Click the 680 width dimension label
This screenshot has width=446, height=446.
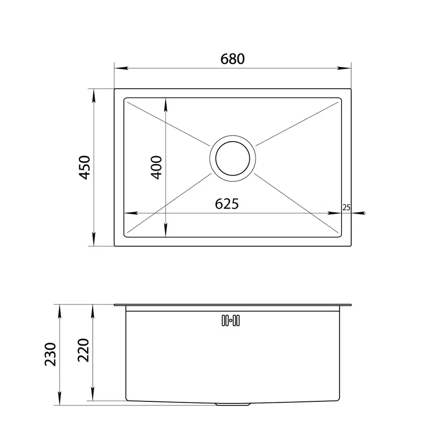pos(232,59)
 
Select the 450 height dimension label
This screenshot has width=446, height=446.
pos(84,167)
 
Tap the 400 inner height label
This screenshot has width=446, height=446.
pos(156,167)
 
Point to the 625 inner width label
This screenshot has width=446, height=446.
pos(226,204)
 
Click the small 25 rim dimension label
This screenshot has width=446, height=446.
pos(346,207)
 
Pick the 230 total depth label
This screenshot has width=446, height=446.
pos(51,354)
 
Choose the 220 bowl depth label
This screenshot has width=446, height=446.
pos(84,350)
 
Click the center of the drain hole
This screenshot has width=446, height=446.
pos(233,158)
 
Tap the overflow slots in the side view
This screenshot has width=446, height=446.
pos(230,321)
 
